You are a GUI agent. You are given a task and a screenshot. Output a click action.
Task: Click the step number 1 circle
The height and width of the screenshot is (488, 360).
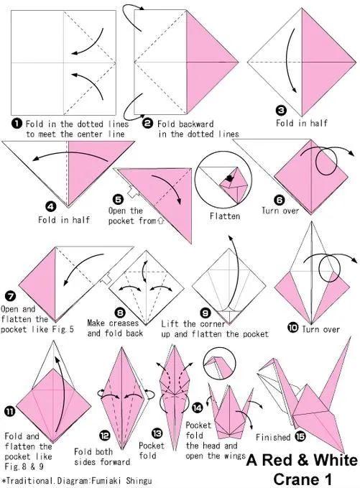(17, 124)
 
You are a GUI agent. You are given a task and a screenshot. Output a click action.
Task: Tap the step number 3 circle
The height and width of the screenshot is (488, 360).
(281, 110)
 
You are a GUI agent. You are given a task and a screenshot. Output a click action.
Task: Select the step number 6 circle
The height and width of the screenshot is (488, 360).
(280, 200)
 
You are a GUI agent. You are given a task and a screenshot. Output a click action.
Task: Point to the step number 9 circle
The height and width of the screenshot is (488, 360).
(205, 313)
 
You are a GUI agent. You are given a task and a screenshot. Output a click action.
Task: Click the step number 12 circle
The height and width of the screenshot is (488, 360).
(105, 436)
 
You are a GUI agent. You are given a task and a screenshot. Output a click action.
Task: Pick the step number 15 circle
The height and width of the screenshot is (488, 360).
(300, 437)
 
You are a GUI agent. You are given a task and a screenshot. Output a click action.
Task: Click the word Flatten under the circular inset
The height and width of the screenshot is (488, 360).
(225, 216)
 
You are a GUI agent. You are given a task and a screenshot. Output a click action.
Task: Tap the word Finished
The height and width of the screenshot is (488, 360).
(273, 437)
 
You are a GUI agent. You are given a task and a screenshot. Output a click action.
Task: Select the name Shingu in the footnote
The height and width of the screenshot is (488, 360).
(139, 481)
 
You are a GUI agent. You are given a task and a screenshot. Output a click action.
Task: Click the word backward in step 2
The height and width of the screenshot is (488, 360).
(198, 124)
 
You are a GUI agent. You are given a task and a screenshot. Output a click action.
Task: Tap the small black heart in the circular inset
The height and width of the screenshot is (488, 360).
(230, 178)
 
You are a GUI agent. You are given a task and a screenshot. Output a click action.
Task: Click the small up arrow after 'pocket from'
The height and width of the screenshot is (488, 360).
(160, 221)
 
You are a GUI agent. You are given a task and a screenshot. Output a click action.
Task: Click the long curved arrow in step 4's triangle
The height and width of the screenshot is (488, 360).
(70, 153)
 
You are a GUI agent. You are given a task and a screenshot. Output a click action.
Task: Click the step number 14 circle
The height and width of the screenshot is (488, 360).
(197, 408)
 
